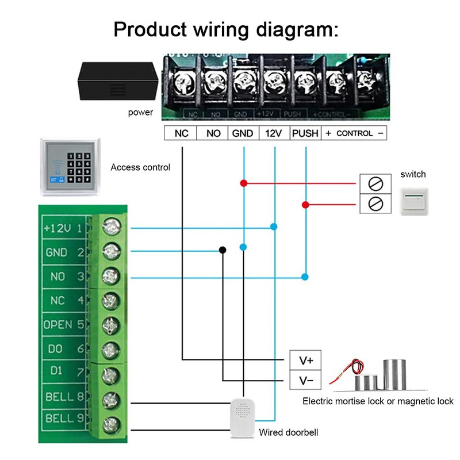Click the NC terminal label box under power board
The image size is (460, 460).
(x=181, y=133)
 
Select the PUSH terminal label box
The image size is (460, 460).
(x=305, y=133)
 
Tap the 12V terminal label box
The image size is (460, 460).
(x=274, y=133)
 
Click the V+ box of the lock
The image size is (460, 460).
(x=306, y=361)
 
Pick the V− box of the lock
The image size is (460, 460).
(x=306, y=380)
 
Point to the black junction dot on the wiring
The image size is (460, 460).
(x=222, y=250)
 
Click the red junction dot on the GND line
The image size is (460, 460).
(x=243, y=183)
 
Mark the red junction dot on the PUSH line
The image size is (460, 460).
(x=305, y=205)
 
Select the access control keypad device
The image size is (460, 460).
(x=70, y=166)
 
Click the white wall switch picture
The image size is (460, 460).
(x=414, y=198)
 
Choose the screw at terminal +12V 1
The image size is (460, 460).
(x=110, y=228)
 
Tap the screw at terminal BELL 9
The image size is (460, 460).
(x=110, y=425)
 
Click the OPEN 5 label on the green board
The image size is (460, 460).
(x=64, y=325)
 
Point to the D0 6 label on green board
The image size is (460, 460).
(x=64, y=349)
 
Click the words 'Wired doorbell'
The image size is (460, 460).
(x=288, y=432)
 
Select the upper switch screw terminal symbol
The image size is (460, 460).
(x=375, y=184)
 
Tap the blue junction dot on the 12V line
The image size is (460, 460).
(x=274, y=228)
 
